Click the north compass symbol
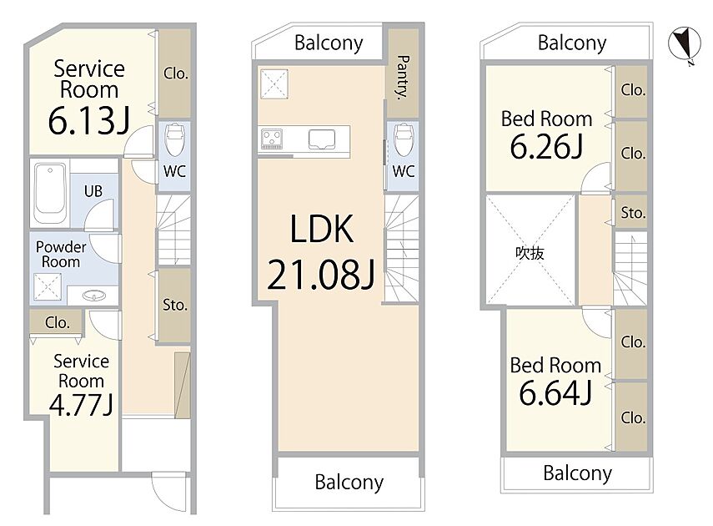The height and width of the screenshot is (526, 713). pyautogui.click(x=685, y=44)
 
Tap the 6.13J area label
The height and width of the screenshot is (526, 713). pyautogui.click(x=89, y=121)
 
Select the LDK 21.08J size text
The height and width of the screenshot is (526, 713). pyautogui.click(x=321, y=275)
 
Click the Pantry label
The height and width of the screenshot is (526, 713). pyautogui.click(x=403, y=78)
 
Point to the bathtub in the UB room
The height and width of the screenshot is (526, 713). pyautogui.click(x=49, y=193)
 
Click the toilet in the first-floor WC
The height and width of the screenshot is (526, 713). pyautogui.click(x=174, y=139)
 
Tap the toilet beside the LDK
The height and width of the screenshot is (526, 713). pyautogui.click(x=404, y=139)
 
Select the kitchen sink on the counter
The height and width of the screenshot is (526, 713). pyautogui.click(x=322, y=139)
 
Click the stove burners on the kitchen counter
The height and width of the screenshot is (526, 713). pyautogui.click(x=272, y=139)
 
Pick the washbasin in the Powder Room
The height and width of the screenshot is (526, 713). pyautogui.click(x=94, y=296)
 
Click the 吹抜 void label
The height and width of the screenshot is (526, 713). pyautogui.click(x=530, y=253)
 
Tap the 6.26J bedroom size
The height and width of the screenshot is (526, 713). pyautogui.click(x=546, y=147)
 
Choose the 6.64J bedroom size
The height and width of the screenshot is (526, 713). pyautogui.click(x=555, y=393)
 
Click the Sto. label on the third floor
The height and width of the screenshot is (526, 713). pyautogui.click(x=633, y=213)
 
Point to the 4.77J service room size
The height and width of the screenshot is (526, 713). pyautogui.click(x=81, y=405)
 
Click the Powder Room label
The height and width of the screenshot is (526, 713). pyautogui.click(x=61, y=254)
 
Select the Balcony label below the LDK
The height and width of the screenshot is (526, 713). pyautogui.click(x=349, y=483)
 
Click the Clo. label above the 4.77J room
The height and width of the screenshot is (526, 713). pyautogui.click(x=58, y=323)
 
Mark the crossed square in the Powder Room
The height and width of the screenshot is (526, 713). pyautogui.click(x=48, y=287)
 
